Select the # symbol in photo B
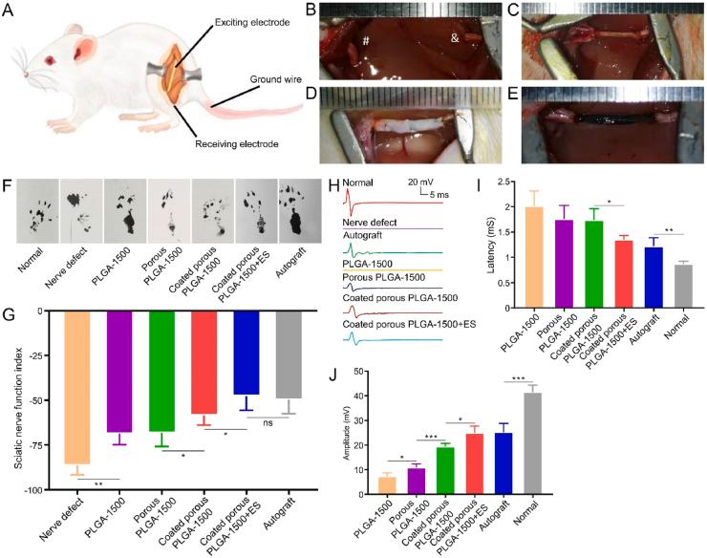pyautogui.click(x=365, y=42)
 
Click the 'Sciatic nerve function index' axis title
pyautogui.click(x=20, y=399)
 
